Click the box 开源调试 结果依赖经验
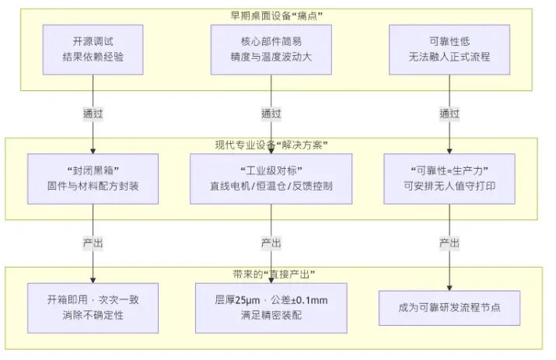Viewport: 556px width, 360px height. click(x=93, y=49)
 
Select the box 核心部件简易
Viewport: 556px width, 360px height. click(x=271, y=49)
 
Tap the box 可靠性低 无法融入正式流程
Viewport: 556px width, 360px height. click(x=449, y=49)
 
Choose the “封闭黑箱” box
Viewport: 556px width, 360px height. click(x=93, y=179)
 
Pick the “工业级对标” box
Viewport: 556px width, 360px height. click(x=271, y=179)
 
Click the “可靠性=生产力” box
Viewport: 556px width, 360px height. click(x=449, y=179)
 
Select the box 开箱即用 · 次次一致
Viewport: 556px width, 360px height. click(x=93, y=307)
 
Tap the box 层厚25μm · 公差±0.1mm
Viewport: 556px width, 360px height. click(x=271, y=307)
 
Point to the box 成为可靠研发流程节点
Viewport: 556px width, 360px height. click(x=449, y=307)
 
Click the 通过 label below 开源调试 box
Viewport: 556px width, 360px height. click(x=93, y=113)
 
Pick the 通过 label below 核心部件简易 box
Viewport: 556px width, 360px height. click(x=271, y=113)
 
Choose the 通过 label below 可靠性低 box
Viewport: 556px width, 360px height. click(x=449, y=113)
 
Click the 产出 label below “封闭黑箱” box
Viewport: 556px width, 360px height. click(x=93, y=243)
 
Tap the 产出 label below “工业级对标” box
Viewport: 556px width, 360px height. click(x=271, y=243)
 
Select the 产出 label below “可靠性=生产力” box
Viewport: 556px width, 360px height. click(x=449, y=243)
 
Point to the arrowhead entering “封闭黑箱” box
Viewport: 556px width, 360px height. click(x=93, y=150)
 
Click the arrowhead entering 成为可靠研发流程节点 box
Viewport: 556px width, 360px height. click(x=449, y=286)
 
